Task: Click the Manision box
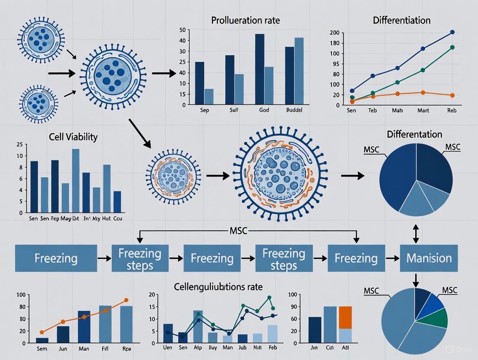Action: click(x=429, y=258)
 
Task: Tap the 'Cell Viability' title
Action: click(x=73, y=137)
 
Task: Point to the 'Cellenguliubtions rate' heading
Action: click(x=218, y=286)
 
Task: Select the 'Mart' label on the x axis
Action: click(x=423, y=111)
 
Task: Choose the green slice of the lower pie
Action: click(x=438, y=318)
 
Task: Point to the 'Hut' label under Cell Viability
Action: click(x=107, y=219)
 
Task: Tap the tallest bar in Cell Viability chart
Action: click(x=76, y=181)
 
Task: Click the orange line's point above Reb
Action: click(x=452, y=95)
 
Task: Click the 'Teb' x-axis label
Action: click(x=373, y=111)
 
